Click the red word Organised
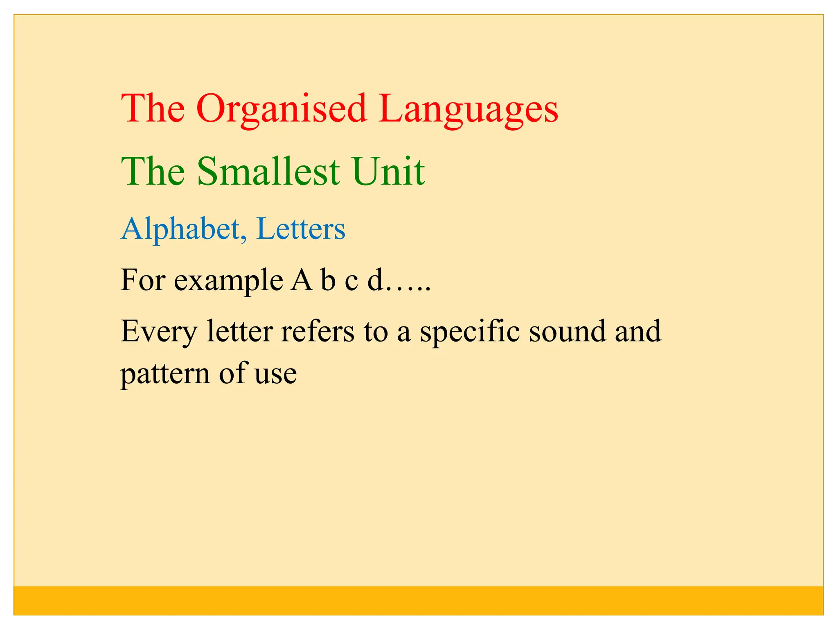click(282, 109)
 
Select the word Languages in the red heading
click(468, 109)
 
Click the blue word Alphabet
click(180, 229)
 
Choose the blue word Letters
click(301, 229)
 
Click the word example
click(228, 281)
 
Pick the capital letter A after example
click(302, 281)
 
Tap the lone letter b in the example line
click(328, 281)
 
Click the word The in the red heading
click(153, 109)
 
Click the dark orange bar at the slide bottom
click(418, 600)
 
